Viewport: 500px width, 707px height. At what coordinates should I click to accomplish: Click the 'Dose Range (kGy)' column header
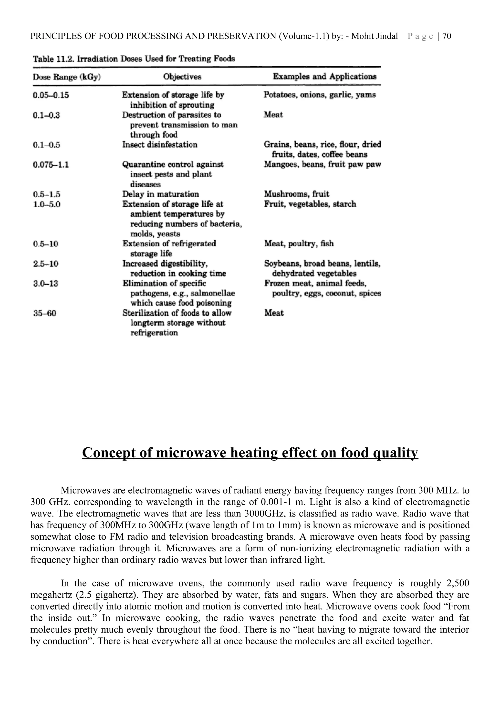tap(67, 77)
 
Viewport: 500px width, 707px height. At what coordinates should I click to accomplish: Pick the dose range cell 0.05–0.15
tap(51, 95)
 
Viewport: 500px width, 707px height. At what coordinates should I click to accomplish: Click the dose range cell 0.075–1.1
tap(51, 165)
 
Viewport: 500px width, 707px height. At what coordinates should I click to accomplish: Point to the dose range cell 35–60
tap(45, 313)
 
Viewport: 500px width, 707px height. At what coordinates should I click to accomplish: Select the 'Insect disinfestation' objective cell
tap(160, 145)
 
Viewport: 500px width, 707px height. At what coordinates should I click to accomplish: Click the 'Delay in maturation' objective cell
tap(160, 194)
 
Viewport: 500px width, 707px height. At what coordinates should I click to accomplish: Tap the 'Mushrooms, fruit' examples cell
tap(296, 194)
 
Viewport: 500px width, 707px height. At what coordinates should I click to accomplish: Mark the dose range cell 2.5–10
tap(46, 264)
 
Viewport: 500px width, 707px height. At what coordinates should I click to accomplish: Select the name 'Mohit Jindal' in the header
tap(374, 36)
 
